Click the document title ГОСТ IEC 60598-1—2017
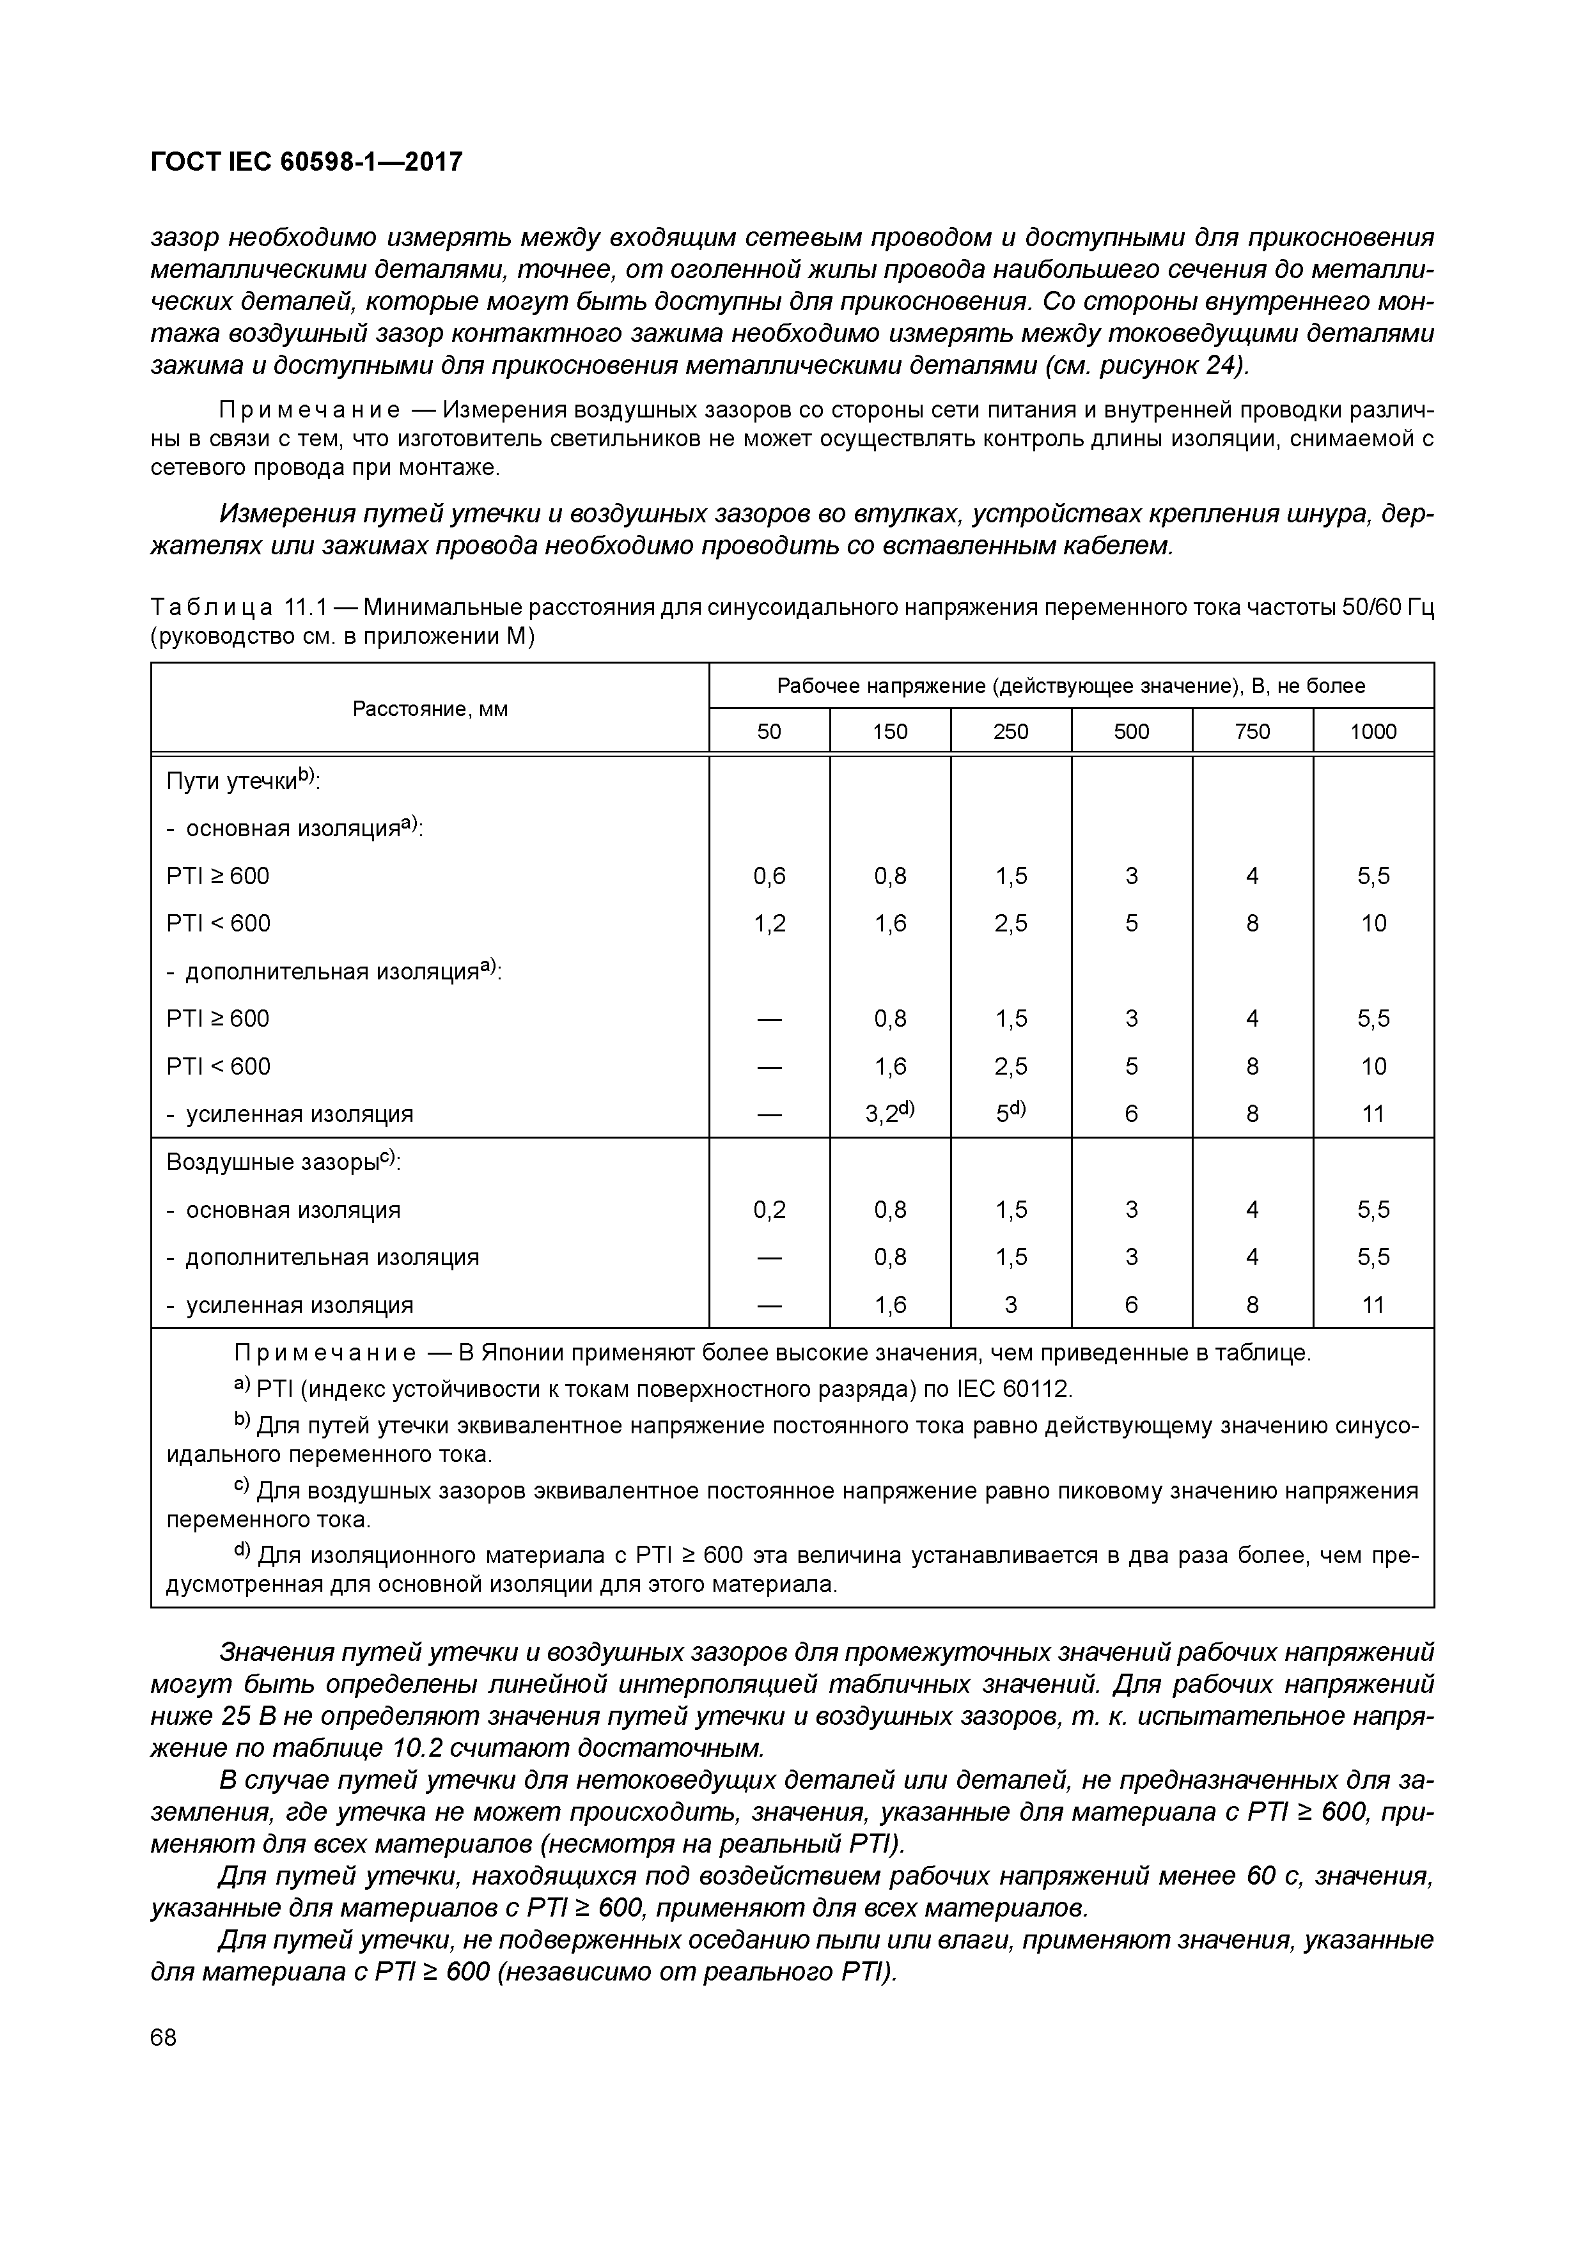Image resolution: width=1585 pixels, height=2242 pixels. [x=306, y=162]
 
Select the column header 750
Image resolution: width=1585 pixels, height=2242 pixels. [x=1251, y=731]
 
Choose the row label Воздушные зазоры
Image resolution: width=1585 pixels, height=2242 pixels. [x=274, y=1162]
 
